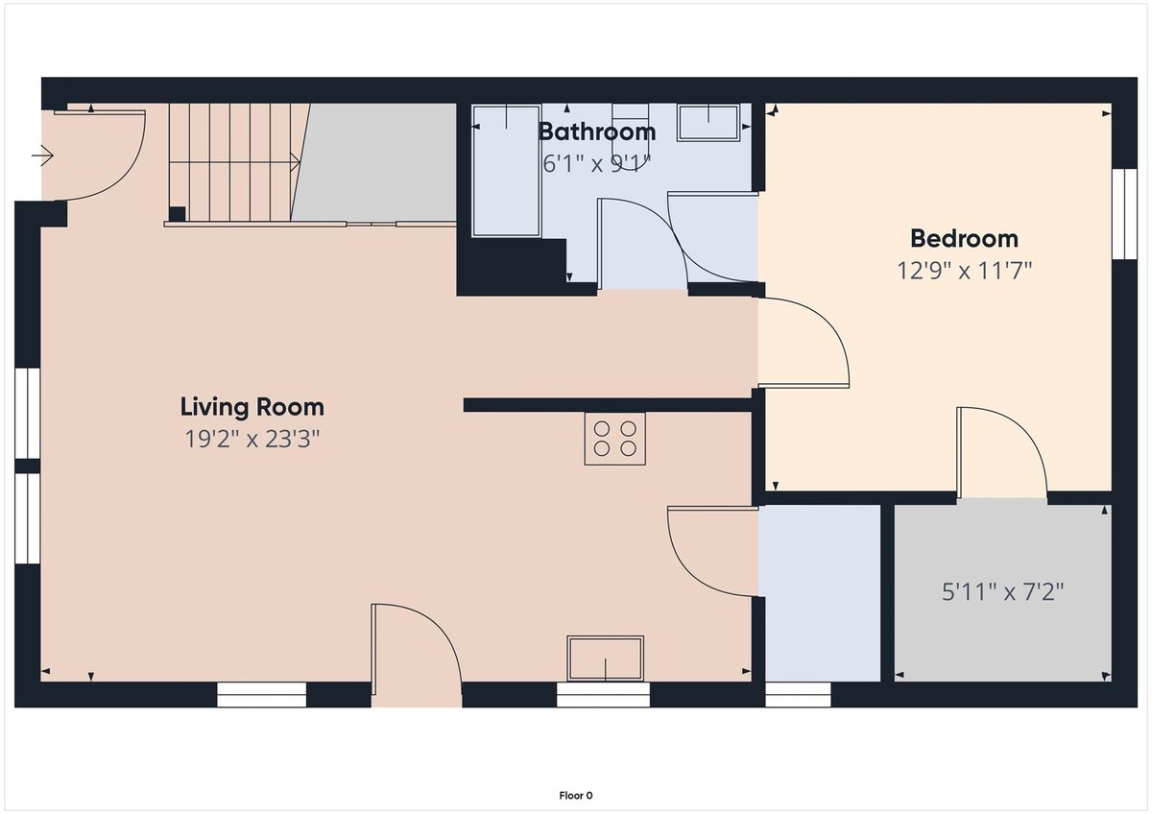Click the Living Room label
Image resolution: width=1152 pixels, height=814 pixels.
tap(252, 407)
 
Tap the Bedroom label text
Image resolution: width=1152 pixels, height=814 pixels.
tap(964, 239)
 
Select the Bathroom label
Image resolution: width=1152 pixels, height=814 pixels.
tap(597, 132)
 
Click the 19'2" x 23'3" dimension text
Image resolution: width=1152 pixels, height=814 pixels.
tap(252, 439)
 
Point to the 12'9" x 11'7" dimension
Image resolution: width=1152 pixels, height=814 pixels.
tap(964, 271)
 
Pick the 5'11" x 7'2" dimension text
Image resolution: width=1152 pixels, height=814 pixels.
tap(1002, 592)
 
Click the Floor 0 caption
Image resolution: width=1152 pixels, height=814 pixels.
tap(576, 796)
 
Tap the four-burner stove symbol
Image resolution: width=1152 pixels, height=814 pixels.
tap(614, 439)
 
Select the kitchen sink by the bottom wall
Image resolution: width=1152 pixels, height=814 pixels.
tap(606, 658)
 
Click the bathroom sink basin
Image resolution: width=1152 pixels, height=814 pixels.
tap(708, 122)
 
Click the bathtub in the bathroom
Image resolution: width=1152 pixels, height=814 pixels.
tap(507, 171)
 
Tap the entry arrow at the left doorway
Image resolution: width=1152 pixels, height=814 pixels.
tap(42, 156)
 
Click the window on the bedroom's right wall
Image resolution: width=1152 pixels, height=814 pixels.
tap(1124, 214)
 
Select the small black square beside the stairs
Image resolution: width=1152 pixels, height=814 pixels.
tap(177, 214)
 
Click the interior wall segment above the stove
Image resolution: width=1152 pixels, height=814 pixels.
tap(608, 405)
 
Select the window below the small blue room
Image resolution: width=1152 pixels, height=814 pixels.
tap(798, 695)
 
